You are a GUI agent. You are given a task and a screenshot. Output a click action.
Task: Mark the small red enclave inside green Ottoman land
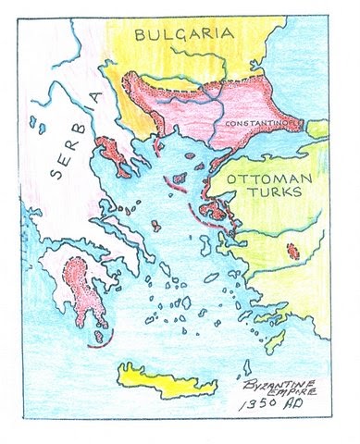point(293,250)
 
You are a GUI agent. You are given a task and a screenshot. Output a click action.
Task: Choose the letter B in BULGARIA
point(142,36)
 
